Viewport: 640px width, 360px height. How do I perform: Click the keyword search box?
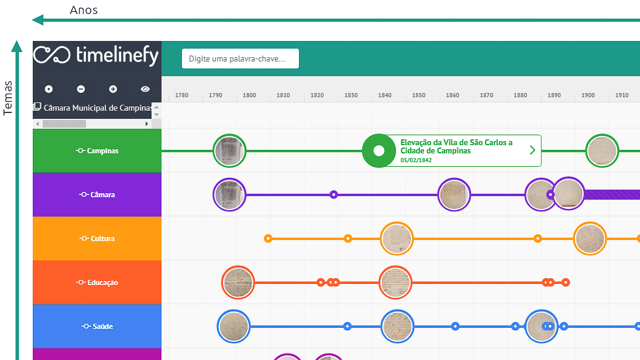click(x=240, y=59)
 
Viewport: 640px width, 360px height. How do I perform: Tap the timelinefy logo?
click(x=96, y=55)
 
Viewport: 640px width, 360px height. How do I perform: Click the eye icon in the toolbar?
click(x=145, y=89)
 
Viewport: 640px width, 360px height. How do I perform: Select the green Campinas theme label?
click(x=97, y=151)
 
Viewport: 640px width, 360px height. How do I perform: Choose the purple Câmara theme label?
click(x=97, y=194)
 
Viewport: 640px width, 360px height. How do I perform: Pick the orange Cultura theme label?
click(x=97, y=239)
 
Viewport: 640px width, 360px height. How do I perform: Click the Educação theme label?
click(x=97, y=282)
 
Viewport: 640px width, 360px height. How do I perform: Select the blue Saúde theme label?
click(x=97, y=326)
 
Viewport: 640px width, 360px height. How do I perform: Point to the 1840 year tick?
click(x=384, y=95)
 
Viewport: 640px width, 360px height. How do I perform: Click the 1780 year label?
click(x=181, y=95)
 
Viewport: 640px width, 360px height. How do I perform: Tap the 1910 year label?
click(x=622, y=95)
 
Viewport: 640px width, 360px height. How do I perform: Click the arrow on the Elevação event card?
click(x=532, y=150)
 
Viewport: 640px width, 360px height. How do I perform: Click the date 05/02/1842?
click(x=416, y=160)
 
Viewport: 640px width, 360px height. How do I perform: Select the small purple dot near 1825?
click(x=333, y=194)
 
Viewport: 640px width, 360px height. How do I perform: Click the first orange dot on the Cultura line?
click(x=268, y=239)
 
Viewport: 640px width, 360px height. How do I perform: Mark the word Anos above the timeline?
click(x=84, y=10)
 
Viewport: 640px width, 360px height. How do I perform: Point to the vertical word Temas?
click(x=8, y=98)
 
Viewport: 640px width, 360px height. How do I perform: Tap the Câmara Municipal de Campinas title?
click(x=98, y=108)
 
